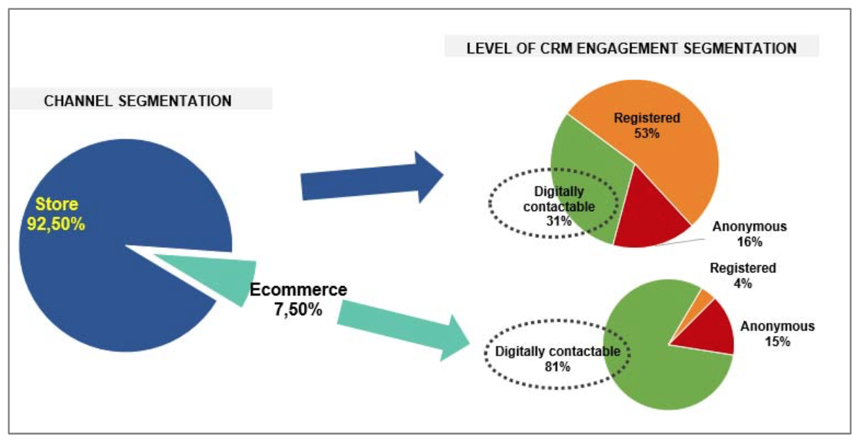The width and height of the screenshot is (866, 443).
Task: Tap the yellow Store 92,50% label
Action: [x=56, y=214]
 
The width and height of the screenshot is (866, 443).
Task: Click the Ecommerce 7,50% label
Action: [x=298, y=299]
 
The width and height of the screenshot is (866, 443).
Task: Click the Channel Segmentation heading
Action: [x=137, y=101]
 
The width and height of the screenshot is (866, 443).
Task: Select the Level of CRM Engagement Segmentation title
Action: [x=631, y=49]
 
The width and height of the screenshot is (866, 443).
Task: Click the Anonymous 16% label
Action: [x=749, y=234]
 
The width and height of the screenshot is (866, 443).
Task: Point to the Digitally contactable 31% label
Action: [x=559, y=206]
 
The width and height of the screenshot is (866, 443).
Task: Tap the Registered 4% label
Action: [x=742, y=276]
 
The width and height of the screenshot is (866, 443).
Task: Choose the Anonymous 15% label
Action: [x=777, y=334]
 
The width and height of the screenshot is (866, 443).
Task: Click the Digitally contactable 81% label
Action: [x=557, y=359]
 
